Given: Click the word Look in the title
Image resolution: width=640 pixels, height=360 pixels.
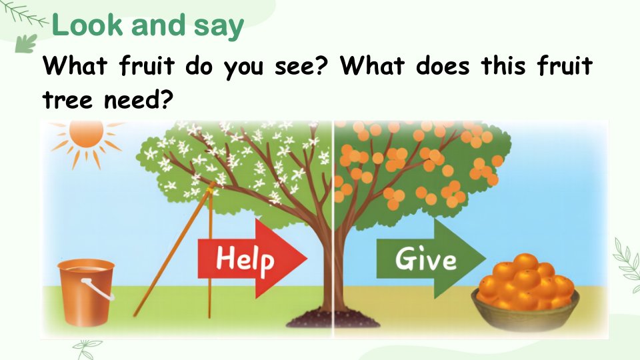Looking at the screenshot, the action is (87, 25).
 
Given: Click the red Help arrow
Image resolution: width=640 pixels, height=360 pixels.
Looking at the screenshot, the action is (252, 258).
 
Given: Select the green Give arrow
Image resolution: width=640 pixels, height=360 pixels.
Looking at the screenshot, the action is (431, 259).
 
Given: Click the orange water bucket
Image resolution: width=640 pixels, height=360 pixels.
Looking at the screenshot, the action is (86, 292).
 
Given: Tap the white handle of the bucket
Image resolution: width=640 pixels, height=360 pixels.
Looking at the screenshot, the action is (97, 289).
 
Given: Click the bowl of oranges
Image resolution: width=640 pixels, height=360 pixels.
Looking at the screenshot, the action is (525, 294).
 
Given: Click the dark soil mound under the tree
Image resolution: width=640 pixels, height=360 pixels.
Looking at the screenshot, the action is (333, 319).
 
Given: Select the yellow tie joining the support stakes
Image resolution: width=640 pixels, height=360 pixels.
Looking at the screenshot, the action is (211, 187).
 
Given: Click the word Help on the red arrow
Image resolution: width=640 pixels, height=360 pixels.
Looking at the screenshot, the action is (245, 259).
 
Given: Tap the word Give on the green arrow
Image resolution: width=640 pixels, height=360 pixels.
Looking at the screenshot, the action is (426, 259).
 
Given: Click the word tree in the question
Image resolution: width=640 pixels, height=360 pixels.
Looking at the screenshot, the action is (67, 99).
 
